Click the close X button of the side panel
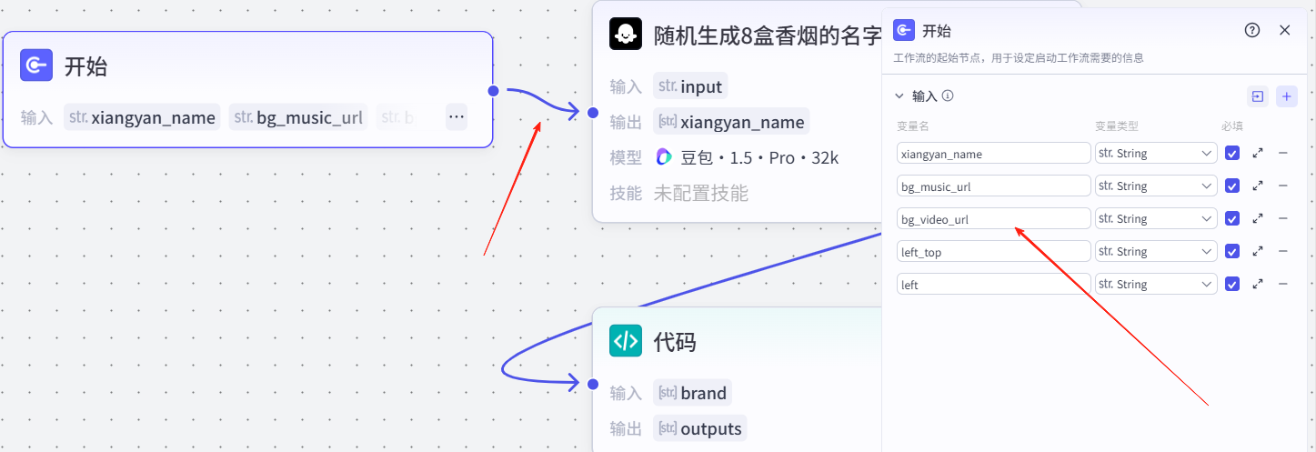pos(1284,30)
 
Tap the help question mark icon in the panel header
pos(1252,30)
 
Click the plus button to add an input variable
pos(1286,96)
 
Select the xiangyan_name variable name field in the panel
pos(993,154)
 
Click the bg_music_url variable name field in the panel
pos(993,186)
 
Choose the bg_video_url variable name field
pos(993,219)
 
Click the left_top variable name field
pos(993,252)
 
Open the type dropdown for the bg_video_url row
pos(1156,219)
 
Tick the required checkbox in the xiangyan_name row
pos(1232,154)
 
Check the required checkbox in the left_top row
pos(1232,252)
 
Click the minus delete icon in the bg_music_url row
pos(1283,186)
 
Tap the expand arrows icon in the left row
pos(1258,285)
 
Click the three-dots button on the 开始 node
pos(457,116)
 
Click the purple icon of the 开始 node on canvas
pos(36,65)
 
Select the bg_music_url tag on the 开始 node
pos(298,117)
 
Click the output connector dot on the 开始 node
pos(493,90)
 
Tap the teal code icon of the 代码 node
pos(626,341)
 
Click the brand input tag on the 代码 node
pos(693,393)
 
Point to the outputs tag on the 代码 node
pos(699,428)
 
